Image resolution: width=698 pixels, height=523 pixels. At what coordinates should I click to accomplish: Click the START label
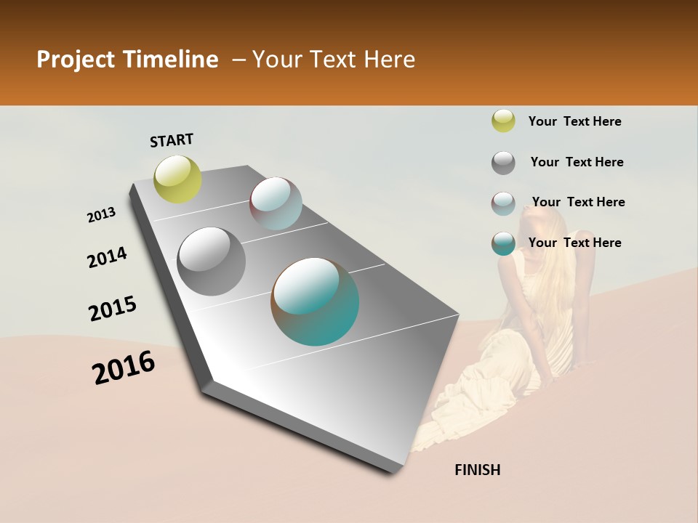(x=172, y=140)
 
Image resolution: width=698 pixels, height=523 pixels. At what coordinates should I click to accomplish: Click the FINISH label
(x=478, y=470)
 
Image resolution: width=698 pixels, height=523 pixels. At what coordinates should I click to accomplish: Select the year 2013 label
(x=102, y=215)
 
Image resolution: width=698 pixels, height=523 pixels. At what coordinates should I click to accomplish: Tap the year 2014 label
(x=108, y=257)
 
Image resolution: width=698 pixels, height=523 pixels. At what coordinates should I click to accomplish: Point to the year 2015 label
(x=113, y=309)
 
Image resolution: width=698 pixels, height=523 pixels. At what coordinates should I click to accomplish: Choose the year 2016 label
(x=124, y=368)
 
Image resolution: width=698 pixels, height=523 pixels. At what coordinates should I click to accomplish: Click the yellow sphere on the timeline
(x=178, y=179)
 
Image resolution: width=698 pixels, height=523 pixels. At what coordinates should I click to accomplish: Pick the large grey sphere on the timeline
(x=212, y=261)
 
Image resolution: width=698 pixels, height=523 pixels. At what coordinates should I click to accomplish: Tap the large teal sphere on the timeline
(x=315, y=301)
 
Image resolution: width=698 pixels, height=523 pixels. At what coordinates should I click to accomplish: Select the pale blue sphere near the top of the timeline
(x=276, y=203)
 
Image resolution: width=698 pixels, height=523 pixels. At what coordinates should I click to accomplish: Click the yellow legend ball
(x=503, y=121)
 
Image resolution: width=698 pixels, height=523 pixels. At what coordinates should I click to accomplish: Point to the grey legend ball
(x=503, y=163)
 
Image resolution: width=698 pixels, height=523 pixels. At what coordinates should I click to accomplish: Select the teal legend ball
(x=503, y=243)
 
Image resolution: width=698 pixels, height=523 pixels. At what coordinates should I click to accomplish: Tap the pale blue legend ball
(x=503, y=203)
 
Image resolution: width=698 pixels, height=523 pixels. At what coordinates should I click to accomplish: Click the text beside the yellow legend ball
(x=574, y=121)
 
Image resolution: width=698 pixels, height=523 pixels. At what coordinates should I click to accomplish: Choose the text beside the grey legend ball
(x=577, y=162)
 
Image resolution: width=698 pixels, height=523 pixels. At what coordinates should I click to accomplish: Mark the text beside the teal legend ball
(x=574, y=243)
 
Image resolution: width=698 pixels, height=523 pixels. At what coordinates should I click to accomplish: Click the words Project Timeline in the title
(x=127, y=60)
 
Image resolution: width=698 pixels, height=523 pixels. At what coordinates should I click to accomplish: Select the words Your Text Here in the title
(x=334, y=60)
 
